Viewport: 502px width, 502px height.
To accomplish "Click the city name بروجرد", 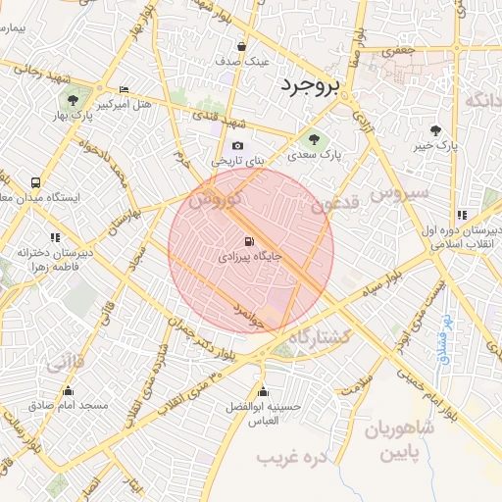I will [x=311, y=85].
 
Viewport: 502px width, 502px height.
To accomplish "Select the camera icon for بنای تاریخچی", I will [x=237, y=146].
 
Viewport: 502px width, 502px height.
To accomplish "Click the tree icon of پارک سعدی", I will [x=314, y=138].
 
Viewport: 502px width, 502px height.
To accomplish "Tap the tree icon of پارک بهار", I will [x=72, y=99].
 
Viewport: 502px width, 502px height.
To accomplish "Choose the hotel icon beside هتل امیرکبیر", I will [x=124, y=89].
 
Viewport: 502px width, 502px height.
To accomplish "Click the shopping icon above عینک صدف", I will [x=242, y=46].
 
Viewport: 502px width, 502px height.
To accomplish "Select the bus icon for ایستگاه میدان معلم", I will [x=36, y=182].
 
